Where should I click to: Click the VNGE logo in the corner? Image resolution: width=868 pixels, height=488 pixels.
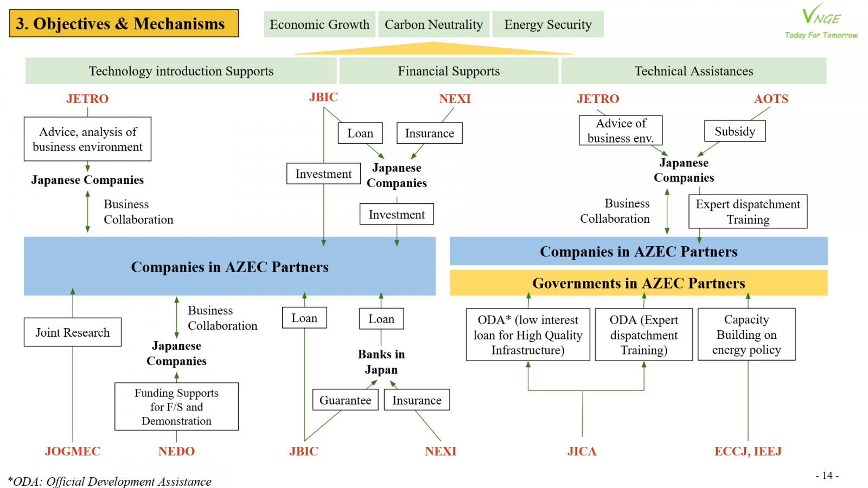821,22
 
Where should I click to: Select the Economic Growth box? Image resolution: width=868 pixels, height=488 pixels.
320,24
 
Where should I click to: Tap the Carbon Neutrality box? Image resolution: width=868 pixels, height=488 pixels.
433,24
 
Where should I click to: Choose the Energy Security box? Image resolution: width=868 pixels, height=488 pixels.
548,24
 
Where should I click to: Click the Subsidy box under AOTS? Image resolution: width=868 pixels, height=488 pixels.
735,131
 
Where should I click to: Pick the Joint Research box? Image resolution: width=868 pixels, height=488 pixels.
73,332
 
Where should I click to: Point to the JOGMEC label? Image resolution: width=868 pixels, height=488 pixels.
73,451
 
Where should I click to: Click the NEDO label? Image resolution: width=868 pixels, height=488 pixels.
176,451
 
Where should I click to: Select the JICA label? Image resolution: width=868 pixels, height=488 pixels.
582,451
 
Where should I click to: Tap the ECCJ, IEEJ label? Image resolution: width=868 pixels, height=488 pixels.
748,451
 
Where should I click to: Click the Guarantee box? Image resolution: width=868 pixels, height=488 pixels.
345,400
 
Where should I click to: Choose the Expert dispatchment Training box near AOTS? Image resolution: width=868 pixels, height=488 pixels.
748,211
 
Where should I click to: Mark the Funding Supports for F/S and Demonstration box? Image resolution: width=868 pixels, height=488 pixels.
176,407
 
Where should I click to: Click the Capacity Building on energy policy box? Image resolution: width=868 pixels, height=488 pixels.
746,335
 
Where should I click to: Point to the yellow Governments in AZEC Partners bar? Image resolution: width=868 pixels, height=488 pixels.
639,283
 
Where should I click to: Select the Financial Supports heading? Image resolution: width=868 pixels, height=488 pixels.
449,71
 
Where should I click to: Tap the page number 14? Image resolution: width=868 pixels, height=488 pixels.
827,476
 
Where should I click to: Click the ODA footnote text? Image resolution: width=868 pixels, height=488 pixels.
110,481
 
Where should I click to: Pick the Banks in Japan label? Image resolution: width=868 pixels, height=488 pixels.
381,362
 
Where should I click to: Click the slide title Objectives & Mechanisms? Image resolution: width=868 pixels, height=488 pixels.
124,23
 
